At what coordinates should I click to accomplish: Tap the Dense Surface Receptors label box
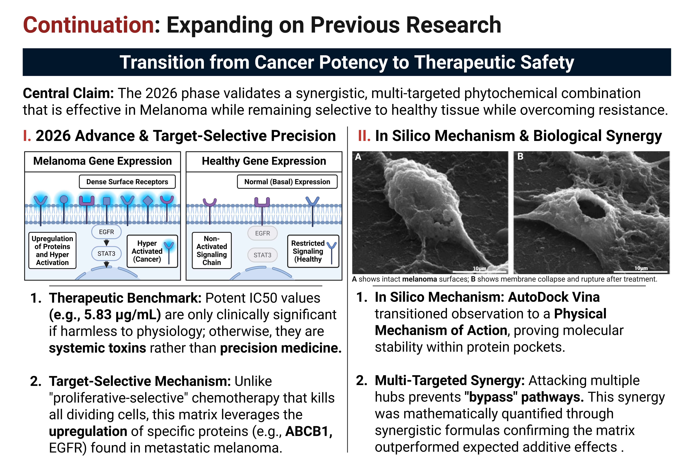pos(127,182)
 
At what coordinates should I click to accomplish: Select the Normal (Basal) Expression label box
pos(287,182)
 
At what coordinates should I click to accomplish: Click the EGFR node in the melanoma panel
pos(106,232)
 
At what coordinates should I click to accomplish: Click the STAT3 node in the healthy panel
pos(263,255)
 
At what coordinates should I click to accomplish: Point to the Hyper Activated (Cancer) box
pos(152,251)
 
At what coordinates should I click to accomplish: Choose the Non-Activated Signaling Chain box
pos(212,250)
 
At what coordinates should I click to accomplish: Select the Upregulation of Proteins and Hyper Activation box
pos(52,250)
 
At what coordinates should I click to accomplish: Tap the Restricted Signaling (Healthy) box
pos(313,251)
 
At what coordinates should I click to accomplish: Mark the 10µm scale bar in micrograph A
pos(479,272)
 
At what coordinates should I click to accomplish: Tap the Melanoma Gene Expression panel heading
pos(103,161)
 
